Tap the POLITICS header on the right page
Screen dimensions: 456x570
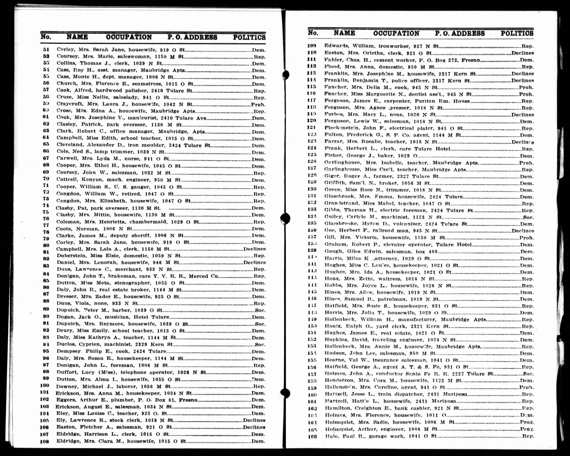click(517, 33)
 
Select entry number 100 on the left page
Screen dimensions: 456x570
click(44, 385)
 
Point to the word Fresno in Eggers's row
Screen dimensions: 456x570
click(188, 400)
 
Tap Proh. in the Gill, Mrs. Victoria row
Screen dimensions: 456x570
click(526, 238)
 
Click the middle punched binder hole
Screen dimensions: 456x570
click(285, 218)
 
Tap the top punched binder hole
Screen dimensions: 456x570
click(286, 75)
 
